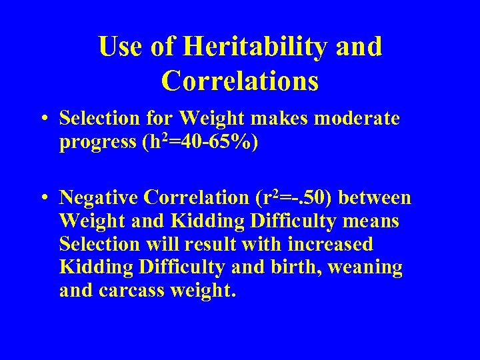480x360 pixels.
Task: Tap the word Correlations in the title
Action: click(240, 81)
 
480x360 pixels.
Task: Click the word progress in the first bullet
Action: click(97, 143)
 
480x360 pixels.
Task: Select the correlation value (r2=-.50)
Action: click(296, 197)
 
